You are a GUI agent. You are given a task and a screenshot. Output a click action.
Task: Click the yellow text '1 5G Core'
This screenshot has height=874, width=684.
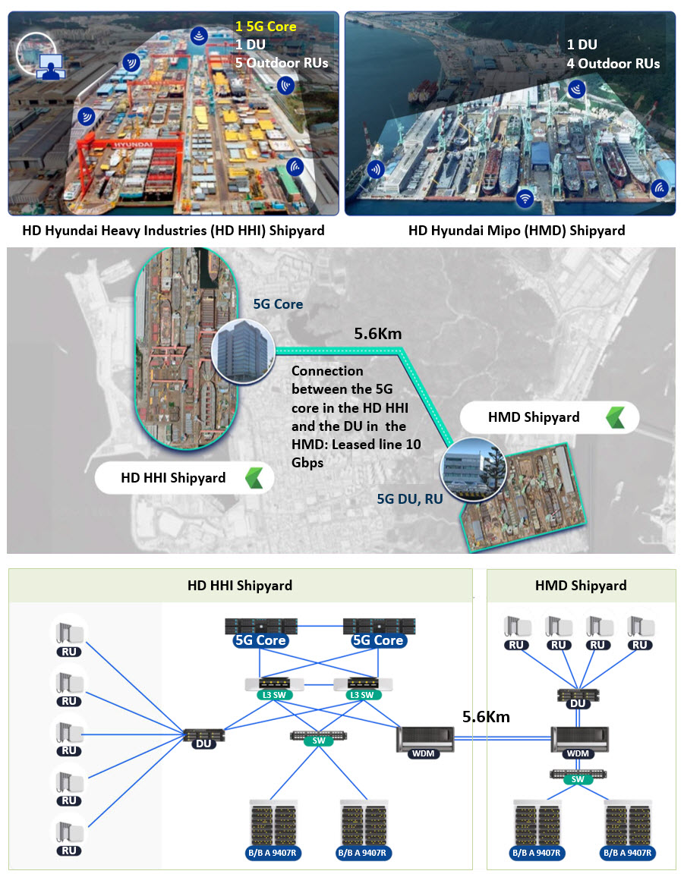(x=266, y=27)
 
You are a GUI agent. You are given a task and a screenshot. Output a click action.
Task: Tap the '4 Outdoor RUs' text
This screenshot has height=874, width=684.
(x=613, y=64)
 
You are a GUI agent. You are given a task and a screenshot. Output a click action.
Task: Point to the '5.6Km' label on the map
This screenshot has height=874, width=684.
(x=378, y=333)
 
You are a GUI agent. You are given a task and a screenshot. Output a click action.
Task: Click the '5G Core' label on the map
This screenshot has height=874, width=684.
(x=278, y=303)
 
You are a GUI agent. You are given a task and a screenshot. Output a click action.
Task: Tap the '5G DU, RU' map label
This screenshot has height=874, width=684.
(x=410, y=498)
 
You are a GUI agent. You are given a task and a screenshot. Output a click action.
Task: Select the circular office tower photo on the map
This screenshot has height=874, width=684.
(x=243, y=351)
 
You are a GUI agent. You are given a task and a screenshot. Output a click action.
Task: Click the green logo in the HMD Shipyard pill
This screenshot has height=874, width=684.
(x=616, y=417)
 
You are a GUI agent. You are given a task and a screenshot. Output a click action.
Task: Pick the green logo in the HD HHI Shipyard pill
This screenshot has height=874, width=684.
(x=254, y=478)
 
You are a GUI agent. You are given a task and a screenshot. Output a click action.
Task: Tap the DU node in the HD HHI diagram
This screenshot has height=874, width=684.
(x=203, y=737)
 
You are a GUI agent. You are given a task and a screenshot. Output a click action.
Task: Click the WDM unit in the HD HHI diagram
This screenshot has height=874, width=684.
(x=424, y=742)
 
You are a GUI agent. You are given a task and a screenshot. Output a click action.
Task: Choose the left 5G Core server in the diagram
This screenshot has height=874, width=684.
(x=260, y=632)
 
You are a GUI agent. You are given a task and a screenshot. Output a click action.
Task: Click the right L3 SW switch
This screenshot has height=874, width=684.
(x=363, y=688)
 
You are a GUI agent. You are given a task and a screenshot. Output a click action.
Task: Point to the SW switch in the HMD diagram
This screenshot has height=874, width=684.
(x=578, y=776)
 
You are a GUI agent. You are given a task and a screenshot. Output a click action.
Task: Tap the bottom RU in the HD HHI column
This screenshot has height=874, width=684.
(x=69, y=836)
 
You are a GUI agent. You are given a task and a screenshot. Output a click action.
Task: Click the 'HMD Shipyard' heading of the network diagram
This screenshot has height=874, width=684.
(x=581, y=585)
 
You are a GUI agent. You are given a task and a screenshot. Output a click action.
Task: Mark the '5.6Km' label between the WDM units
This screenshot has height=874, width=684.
(x=486, y=716)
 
